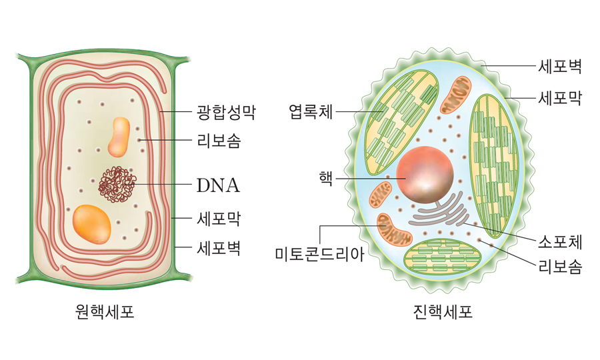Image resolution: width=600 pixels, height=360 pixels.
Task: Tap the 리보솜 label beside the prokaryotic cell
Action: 219,141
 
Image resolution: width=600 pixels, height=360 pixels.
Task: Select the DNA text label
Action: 218,185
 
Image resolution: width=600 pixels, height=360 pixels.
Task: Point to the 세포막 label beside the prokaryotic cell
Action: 219,218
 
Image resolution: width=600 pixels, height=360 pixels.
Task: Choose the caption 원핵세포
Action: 105,311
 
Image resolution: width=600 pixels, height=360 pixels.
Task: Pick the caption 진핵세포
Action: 443,311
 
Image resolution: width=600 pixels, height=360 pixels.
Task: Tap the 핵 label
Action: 325,178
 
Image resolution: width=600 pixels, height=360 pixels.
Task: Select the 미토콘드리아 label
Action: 320,254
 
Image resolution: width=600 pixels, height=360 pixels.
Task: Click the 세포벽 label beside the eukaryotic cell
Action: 560,67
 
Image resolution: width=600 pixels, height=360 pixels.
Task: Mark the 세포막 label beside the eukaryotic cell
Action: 560,98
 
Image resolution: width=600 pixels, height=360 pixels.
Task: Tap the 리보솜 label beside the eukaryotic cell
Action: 560,267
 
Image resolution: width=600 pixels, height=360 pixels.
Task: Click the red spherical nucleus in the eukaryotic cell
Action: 425,175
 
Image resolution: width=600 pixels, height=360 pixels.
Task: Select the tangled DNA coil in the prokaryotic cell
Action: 117,183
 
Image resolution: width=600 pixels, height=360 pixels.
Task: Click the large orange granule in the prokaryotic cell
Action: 92,223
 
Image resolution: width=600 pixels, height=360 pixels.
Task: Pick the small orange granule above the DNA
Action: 121,137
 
